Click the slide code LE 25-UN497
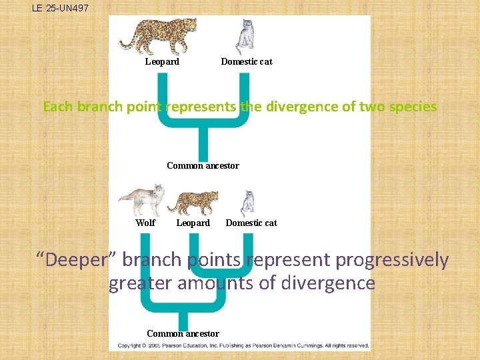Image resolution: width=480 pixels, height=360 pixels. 60,9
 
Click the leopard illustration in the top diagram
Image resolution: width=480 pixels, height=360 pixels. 159,35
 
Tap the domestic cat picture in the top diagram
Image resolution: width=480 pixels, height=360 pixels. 246,37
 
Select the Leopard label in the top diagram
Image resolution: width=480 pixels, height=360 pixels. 162,62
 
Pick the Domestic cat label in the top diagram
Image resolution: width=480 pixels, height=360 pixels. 247,62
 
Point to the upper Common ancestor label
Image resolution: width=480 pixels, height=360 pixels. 203,166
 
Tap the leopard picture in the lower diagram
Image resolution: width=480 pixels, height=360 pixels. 192,203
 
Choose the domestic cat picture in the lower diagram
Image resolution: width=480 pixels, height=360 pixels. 247,203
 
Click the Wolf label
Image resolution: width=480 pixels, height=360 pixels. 145,223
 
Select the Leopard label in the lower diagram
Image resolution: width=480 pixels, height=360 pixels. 193,223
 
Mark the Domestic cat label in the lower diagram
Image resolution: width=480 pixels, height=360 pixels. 251,223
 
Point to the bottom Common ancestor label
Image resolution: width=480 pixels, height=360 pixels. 183,333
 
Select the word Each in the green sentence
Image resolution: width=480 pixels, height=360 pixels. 59,107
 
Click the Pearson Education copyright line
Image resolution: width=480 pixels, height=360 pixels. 243,346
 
